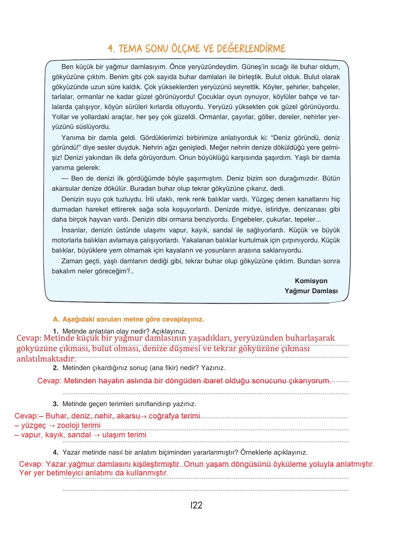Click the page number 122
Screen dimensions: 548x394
tap(197, 505)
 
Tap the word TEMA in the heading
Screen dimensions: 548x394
tap(130, 49)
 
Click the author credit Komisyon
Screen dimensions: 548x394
tap(311, 281)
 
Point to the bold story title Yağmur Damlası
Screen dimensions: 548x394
tap(311, 291)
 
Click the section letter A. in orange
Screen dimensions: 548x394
tap(56, 319)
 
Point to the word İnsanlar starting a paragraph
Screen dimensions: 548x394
tap(74, 230)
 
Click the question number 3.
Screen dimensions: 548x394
tap(56, 404)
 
